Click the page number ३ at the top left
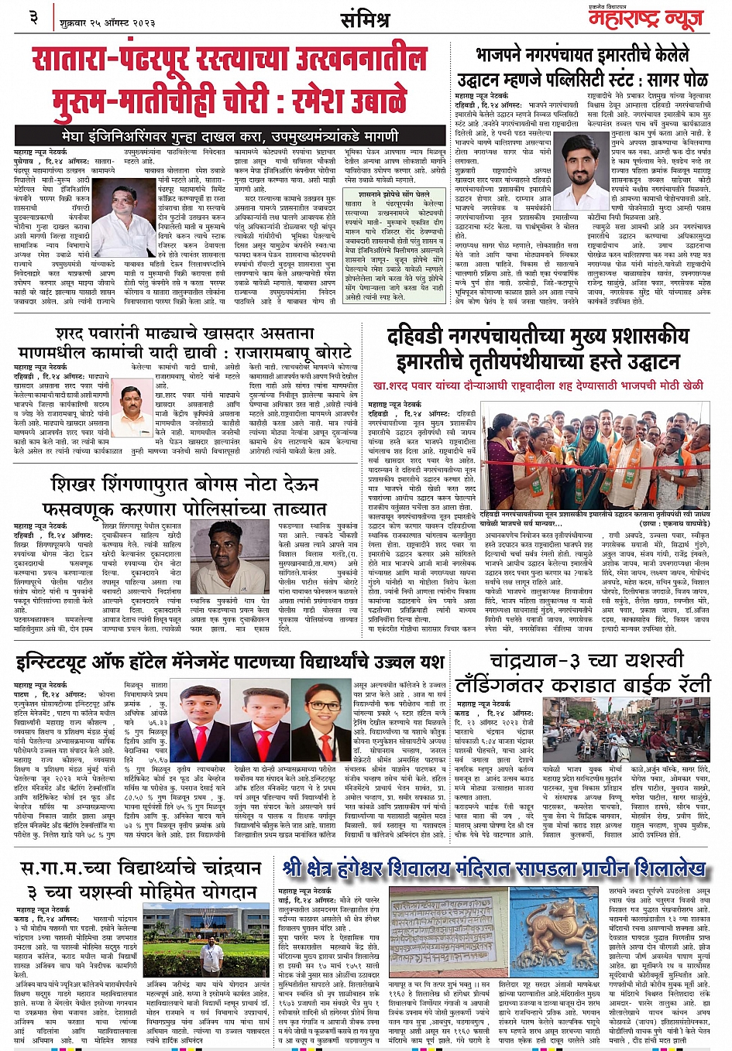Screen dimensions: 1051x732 [x=34, y=16]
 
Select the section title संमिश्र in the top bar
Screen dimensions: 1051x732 [x=364, y=18]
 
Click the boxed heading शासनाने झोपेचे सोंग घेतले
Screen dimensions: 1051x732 [x=394, y=194]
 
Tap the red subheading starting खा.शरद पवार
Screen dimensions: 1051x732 [x=538, y=384]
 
